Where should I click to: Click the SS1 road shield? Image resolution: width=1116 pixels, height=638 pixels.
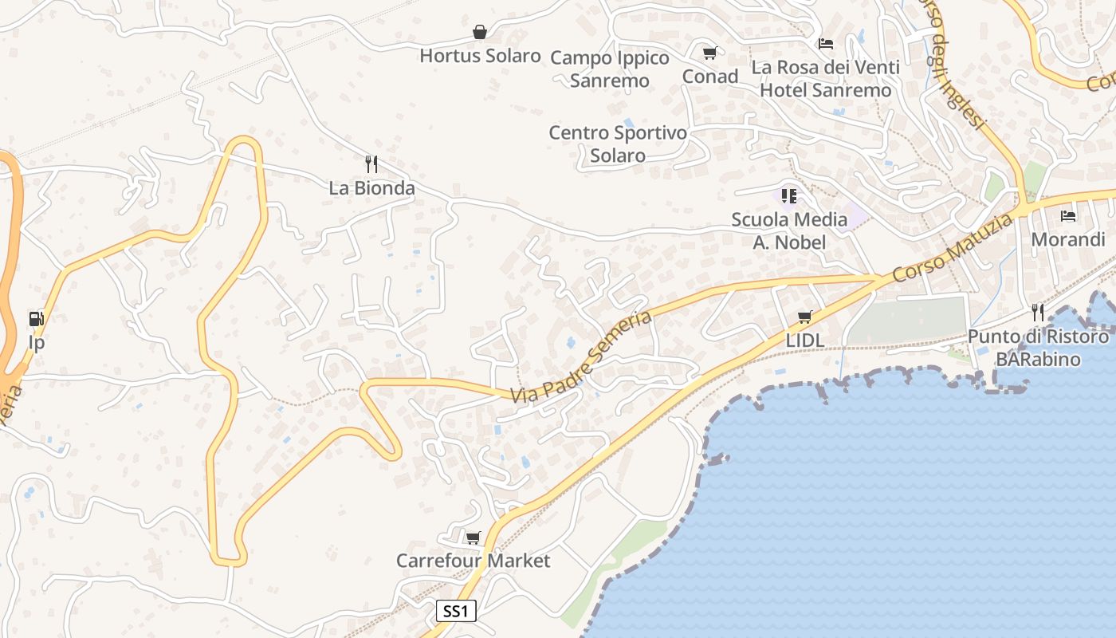click(457, 612)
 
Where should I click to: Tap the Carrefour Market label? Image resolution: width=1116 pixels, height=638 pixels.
click(473, 561)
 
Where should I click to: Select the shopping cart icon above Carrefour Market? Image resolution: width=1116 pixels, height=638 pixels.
click(473, 538)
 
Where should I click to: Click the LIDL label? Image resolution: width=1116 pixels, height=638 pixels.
click(804, 340)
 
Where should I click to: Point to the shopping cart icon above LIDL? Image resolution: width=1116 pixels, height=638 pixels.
click(804, 317)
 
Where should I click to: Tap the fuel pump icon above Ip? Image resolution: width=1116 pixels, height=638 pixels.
click(36, 319)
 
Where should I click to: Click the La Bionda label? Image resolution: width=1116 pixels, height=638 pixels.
click(372, 188)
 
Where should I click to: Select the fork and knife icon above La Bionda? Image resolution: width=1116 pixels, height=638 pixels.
click(371, 164)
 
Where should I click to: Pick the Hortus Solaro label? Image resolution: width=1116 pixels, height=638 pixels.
click(480, 56)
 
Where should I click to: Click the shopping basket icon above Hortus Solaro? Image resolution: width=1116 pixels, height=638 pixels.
click(480, 32)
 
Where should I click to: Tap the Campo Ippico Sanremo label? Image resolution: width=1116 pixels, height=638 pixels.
click(610, 69)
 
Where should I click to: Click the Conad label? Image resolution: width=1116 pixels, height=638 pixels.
click(710, 76)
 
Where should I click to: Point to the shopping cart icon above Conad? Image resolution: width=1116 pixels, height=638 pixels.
click(709, 53)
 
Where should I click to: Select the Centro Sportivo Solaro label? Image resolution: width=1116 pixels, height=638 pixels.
click(618, 144)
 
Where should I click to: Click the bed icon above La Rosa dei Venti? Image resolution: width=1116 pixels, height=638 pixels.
click(826, 43)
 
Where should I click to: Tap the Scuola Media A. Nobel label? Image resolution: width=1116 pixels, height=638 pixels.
click(789, 230)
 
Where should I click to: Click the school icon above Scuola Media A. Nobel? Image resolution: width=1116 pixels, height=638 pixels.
click(789, 195)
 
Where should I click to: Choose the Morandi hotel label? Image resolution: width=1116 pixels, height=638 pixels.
click(1068, 239)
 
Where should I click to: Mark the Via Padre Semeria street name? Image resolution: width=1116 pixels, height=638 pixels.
click(581, 357)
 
